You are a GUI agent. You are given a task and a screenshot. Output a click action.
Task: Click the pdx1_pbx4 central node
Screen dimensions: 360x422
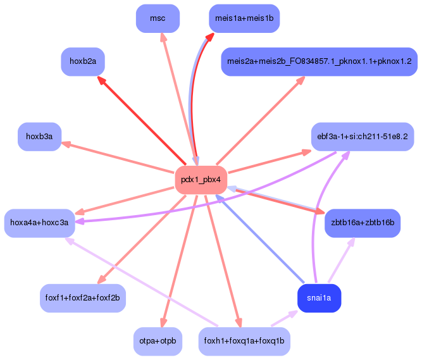click(x=201, y=180)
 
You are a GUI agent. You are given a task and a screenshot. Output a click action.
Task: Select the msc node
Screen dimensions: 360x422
click(x=158, y=18)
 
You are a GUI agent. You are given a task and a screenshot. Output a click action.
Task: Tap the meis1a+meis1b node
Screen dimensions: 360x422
click(x=244, y=18)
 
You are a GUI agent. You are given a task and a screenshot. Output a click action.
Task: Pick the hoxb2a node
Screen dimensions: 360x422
click(x=83, y=62)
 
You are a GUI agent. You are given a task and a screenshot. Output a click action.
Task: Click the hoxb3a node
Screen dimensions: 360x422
click(x=39, y=137)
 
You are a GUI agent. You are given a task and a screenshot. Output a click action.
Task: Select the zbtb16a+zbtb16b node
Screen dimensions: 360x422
click(x=363, y=223)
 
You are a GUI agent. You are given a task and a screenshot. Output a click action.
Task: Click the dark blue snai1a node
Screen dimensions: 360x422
click(x=319, y=298)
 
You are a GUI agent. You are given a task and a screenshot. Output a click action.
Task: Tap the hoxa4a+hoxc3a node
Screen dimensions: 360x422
click(x=40, y=223)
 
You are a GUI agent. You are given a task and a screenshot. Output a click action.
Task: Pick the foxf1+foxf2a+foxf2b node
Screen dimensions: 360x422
click(x=83, y=297)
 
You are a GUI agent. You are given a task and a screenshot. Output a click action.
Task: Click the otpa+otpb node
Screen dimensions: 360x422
click(x=158, y=341)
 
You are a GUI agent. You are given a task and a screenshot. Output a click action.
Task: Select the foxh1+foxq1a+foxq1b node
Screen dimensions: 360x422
click(x=244, y=341)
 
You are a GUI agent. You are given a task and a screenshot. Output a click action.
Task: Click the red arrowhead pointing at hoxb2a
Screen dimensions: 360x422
click(x=101, y=80)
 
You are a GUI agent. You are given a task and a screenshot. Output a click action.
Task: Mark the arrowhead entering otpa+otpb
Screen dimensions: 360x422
click(x=164, y=323)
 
